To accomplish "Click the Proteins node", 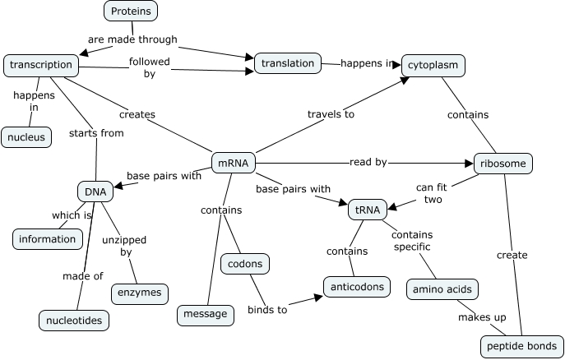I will coord(131,11).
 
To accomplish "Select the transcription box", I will coord(42,65).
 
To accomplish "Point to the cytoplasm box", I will coord(433,65).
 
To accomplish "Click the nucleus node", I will coord(26,136).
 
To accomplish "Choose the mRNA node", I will coord(233,163).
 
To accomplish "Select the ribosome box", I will coord(502,163).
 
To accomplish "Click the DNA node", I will coord(95,192).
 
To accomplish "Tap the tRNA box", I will coord(367,210).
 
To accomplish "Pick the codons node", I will coord(245,264).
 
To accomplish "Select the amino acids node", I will coord(442,289).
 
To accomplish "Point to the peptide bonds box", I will coord(522,346).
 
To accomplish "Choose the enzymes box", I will coord(140,293).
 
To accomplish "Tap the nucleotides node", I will coord(74,320).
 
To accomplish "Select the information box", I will coord(48,239).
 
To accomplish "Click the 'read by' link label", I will coord(368,162).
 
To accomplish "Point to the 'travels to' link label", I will coord(331,114).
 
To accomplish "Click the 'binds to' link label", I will coord(267,310).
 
